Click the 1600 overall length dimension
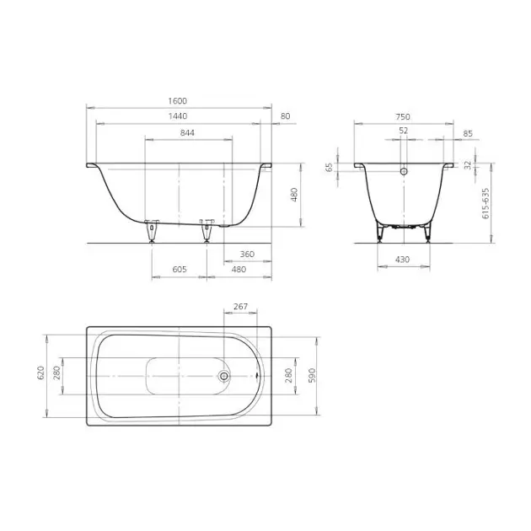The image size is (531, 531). coord(178,101)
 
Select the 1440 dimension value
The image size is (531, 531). coord(178,116)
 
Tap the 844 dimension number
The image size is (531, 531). coord(187,133)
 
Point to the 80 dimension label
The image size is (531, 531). coord(286,116)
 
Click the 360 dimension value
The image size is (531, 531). coord(247,254)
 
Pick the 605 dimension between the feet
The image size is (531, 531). coord(180,269)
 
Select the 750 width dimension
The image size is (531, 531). coord(403,117)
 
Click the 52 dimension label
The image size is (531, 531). coord(404,131)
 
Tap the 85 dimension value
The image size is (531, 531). coord(468,134)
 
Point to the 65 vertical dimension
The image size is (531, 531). coord(330,167)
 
